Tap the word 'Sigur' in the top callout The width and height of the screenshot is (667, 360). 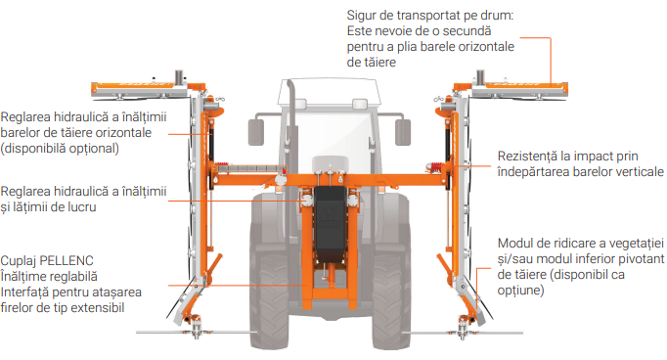[x=361, y=16]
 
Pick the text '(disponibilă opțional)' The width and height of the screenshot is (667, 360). [x=60, y=149]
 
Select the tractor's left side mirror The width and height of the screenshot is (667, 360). [x=255, y=132]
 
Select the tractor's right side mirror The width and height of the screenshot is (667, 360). [x=403, y=132]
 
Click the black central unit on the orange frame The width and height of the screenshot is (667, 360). [x=330, y=222]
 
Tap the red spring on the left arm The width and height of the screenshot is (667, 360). [x=221, y=167]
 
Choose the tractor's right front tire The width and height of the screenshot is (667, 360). [x=391, y=297]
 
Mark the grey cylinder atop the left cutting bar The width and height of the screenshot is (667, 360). [x=180, y=77]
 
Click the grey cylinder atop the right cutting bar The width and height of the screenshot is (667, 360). [x=480, y=77]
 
